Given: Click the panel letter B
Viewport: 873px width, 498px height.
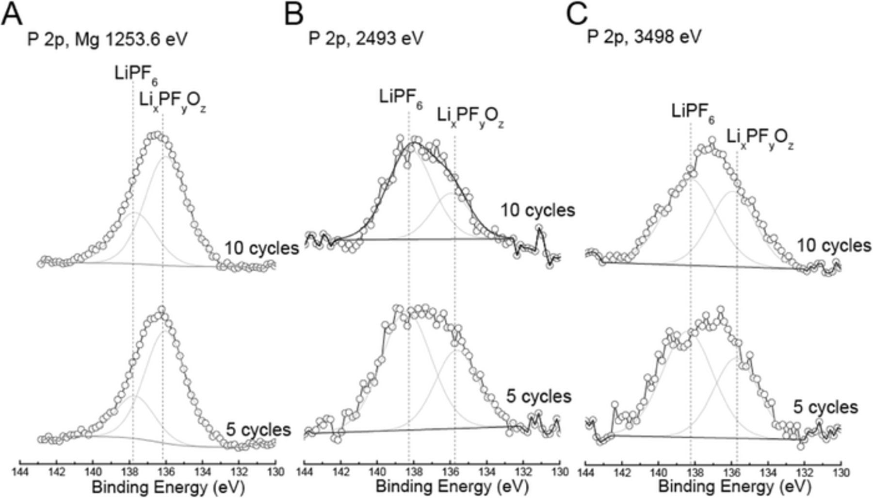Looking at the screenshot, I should [x=294, y=15].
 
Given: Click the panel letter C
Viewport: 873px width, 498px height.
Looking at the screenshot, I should [x=577, y=15].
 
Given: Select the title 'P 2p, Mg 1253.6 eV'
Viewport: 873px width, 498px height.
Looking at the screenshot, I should [x=107, y=39].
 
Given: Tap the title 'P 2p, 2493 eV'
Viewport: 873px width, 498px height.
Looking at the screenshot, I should [x=366, y=38].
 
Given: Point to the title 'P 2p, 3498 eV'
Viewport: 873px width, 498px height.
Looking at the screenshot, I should [x=645, y=37].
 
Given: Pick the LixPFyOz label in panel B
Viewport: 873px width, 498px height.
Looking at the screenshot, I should [x=470, y=116].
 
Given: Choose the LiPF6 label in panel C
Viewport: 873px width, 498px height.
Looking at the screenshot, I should [x=693, y=112].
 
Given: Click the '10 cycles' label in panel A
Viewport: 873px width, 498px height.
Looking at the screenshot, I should [x=261, y=249].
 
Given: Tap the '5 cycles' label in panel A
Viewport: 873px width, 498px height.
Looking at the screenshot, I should [x=259, y=430].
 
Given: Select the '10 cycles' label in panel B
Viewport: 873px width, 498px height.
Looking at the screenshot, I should [x=537, y=211].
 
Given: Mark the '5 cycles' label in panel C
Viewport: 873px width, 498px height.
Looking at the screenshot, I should [x=825, y=407].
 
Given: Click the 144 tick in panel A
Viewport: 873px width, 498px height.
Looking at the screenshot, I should [x=20, y=470].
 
